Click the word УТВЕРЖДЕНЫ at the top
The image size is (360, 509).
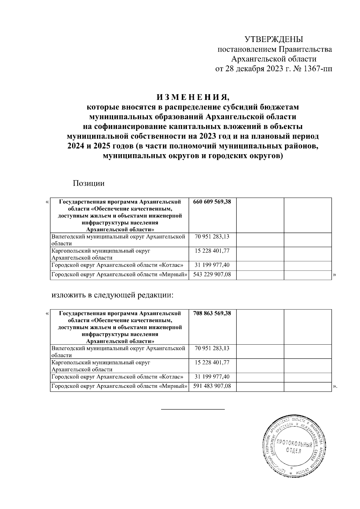pyautogui.click(x=274, y=39)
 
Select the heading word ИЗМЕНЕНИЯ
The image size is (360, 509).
pyautogui.click(x=193, y=97)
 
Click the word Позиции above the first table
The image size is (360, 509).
pyautogui.click(x=88, y=183)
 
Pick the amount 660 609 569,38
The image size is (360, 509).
pyautogui.click(x=212, y=202)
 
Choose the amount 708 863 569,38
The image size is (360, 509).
pyautogui.click(x=212, y=313)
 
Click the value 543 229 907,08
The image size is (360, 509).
pyautogui.click(x=212, y=274)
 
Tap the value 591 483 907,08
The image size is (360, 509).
pyautogui.click(x=212, y=386)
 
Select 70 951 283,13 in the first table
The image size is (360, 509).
pyautogui.click(x=212, y=237)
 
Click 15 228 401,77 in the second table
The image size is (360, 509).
pyautogui.click(x=212, y=362)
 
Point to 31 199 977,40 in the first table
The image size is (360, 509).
pyautogui.click(x=212, y=265)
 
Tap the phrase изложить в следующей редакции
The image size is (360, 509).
pyautogui.click(x=112, y=295)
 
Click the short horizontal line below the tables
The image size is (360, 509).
pyautogui.click(x=193, y=409)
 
